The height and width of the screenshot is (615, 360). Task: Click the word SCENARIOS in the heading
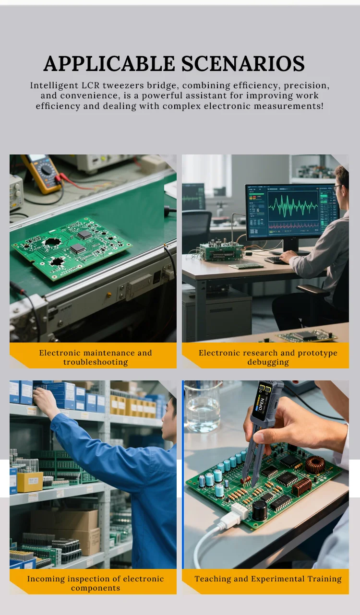(243, 63)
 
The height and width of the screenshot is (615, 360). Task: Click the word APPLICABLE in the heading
(109, 63)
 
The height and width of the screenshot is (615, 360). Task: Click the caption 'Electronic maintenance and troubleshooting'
(96, 357)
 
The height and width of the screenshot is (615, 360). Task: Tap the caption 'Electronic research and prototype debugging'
(268, 357)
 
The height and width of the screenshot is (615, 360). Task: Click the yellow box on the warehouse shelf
(30, 482)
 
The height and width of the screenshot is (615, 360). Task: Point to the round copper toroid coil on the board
(315, 464)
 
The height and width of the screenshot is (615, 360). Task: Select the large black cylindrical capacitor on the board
(259, 510)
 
